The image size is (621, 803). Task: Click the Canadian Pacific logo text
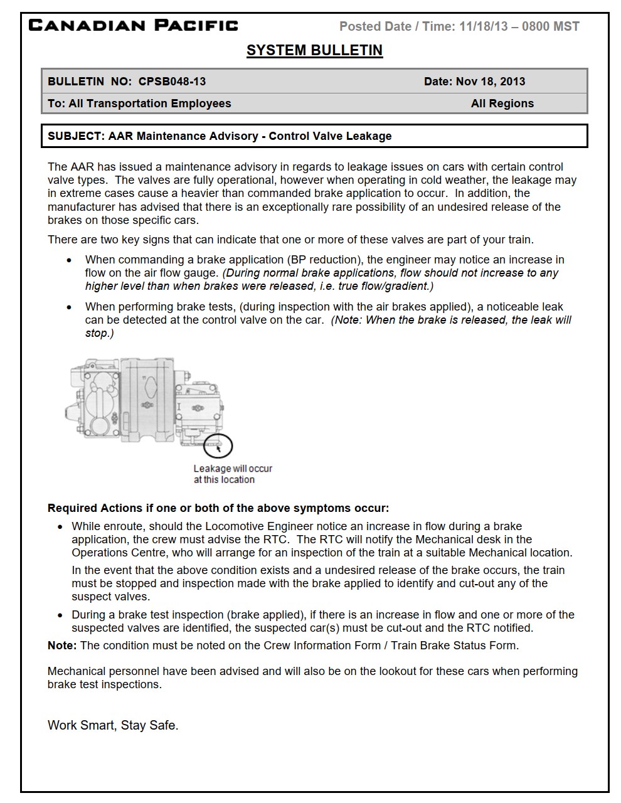[134, 26]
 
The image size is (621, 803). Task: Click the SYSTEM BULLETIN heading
[314, 50]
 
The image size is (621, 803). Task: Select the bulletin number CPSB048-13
[172, 82]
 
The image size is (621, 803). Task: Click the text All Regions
[502, 104]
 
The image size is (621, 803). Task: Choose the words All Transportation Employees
[150, 104]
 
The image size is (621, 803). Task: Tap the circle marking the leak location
[218, 446]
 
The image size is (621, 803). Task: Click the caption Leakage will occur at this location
[233, 474]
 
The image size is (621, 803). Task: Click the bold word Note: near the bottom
[62, 646]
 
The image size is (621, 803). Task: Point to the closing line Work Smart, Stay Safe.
[113, 725]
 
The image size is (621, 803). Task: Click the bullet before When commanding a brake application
[69, 260]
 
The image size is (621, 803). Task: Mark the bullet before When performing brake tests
[69, 307]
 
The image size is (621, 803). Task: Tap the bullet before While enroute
[60, 527]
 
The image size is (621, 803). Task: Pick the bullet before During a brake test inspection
[60, 615]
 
